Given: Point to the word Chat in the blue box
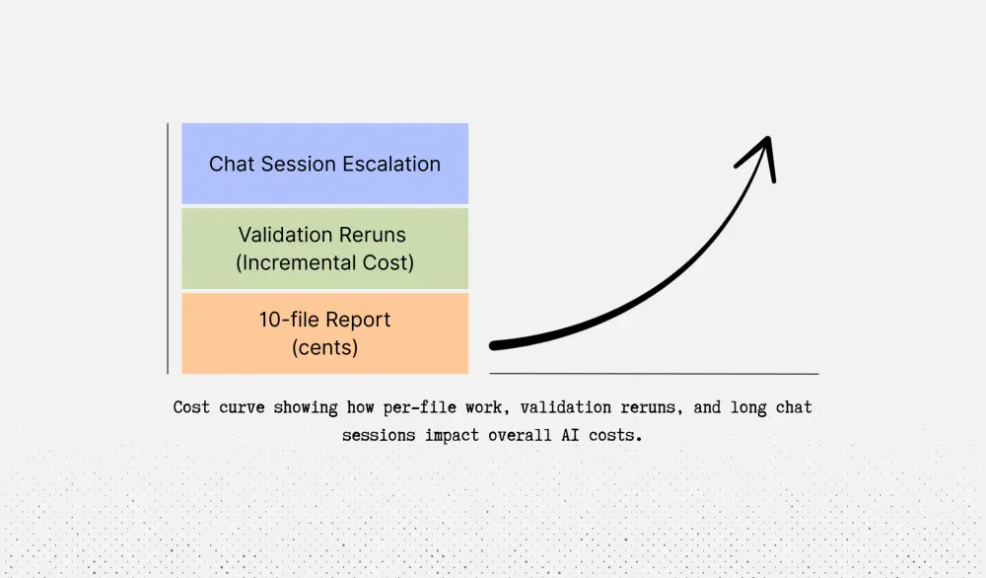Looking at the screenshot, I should tap(230, 164).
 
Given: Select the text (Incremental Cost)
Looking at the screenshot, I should tap(324, 262).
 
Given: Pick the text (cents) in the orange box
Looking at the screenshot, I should tap(324, 347).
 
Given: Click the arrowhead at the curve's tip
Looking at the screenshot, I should tap(764, 148).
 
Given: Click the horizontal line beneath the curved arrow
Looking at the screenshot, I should tap(654, 374).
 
